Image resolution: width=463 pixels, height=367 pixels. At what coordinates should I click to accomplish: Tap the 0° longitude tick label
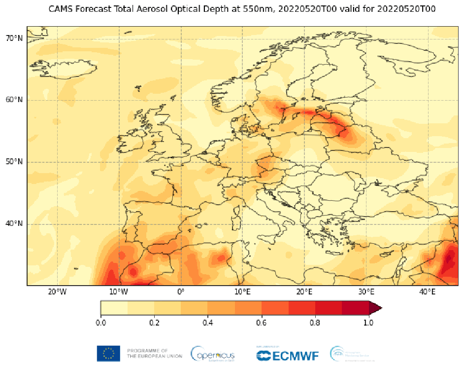181,292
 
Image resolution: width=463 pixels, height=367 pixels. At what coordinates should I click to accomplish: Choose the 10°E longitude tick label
243,292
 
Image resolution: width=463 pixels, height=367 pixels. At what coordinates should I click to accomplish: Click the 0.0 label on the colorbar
100,323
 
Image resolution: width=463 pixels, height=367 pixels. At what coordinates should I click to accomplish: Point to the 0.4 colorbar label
208,323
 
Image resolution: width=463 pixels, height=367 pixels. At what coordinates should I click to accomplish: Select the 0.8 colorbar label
315,323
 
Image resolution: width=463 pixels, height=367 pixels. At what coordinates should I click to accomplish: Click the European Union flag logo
108,353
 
